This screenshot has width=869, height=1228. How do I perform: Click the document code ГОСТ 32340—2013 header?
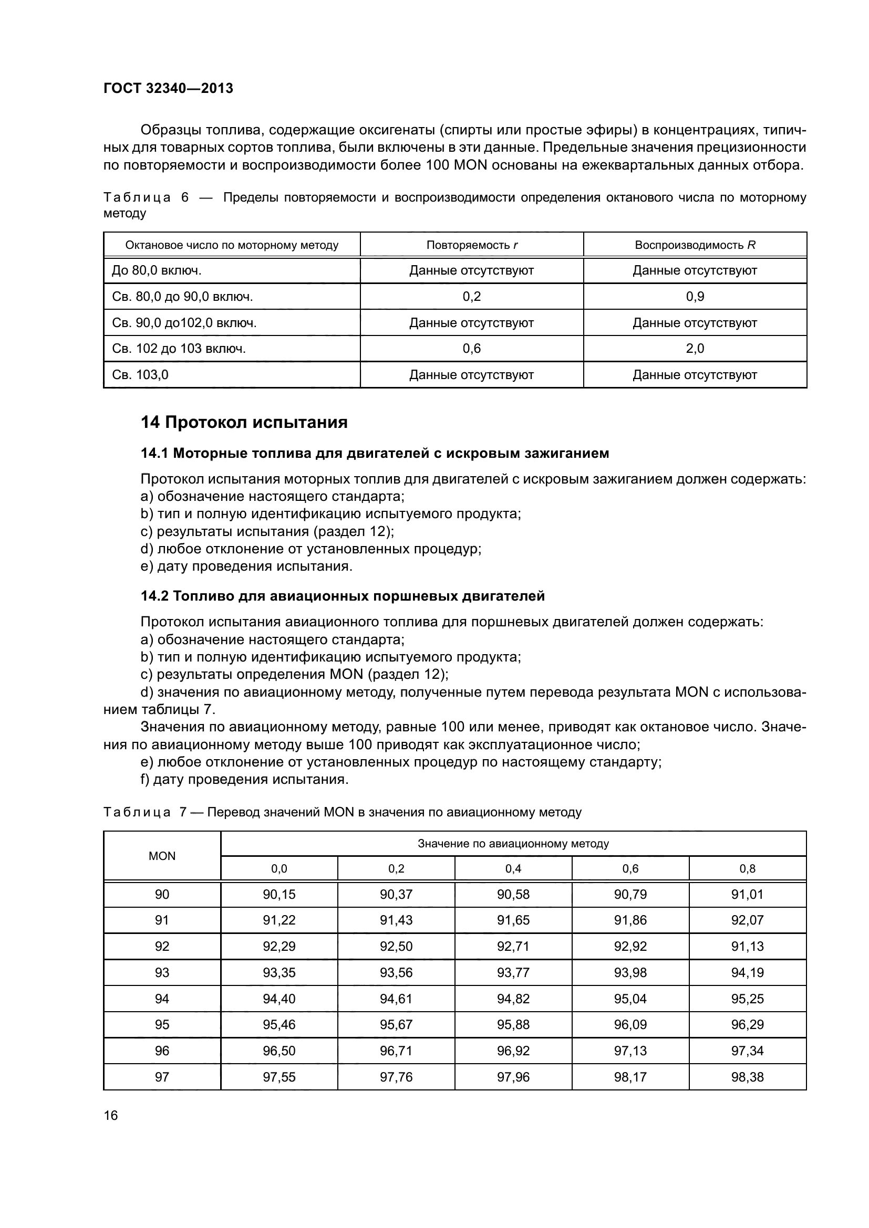coord(168,88)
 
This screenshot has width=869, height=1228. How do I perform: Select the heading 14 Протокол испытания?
coord(244,423)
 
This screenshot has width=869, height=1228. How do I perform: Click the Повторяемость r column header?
coord(471,245)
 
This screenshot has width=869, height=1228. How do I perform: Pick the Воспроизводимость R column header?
coord(695,245)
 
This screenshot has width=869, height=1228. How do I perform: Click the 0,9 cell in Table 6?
coord(695,296)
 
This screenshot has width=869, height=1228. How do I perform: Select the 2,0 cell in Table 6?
coord(695,349)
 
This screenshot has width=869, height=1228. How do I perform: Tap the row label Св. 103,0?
coord(140,375)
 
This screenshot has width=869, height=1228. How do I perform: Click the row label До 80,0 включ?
coord(156,270)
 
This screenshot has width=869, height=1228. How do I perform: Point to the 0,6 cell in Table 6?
coord(471,349)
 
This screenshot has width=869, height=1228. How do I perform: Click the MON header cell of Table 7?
coord(162,856)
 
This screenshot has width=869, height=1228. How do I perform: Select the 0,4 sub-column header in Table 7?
coord(513,868)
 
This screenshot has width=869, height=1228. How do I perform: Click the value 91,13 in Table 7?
coord(747,946)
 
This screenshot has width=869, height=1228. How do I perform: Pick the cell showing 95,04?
coord(630,999)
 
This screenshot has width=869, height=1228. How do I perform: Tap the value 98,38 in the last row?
coord(747,1077)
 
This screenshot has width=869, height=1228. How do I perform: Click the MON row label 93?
coord(162,972)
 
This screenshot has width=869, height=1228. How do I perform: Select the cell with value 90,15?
coord(279,894)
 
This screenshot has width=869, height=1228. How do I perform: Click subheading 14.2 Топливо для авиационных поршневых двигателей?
coord(343,596)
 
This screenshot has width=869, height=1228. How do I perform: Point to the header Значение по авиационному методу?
coord(513,844)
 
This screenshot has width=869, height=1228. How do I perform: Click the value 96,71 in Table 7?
coord(396,1051)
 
